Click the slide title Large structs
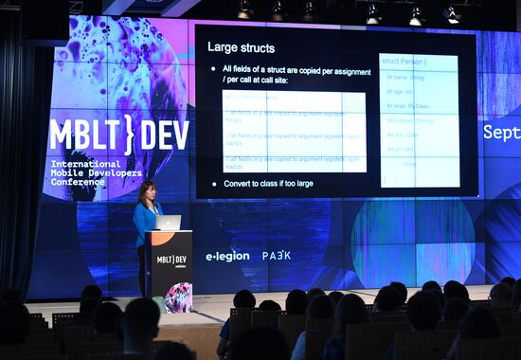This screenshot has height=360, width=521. coord(241,46)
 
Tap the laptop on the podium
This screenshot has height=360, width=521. coord(169,223)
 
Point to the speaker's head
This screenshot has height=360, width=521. coord(148,190)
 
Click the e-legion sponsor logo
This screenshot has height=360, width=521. coord(227,256)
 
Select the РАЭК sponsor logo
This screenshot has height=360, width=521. coord(277,255)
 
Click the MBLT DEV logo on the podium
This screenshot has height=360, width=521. coord(171,259)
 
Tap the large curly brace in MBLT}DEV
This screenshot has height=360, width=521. coord(128,135)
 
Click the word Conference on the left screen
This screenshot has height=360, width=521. coord(79,181)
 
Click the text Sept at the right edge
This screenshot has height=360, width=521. coord(501,132)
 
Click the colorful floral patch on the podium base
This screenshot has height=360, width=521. coord(178,297)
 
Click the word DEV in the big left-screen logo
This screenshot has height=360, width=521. coord(164,135)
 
